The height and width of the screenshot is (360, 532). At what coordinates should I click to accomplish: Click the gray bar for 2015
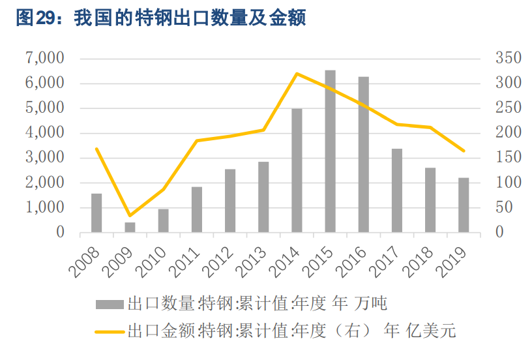click(x=330, y=151)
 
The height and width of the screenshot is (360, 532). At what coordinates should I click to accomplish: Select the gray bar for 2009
click(x=130, y=227)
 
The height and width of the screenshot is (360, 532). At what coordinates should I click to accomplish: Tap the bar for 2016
click(x=363, y=155)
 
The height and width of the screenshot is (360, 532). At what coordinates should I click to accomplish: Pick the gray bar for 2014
click(x=297, y=170)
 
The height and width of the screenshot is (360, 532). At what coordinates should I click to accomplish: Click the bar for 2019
click(x=464, y=205)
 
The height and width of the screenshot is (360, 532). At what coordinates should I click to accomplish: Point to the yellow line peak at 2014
click(x=297, y=74)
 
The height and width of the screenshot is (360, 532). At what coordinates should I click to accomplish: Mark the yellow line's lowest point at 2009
click(x=130, y=216)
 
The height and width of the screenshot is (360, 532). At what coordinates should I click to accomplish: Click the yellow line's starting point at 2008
click(x=96, y=149)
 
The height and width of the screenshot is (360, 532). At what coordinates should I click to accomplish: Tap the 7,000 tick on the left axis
click(x=45, y=58)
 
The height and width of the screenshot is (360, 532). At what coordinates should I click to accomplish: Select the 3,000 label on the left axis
click(x=45, y=158)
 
